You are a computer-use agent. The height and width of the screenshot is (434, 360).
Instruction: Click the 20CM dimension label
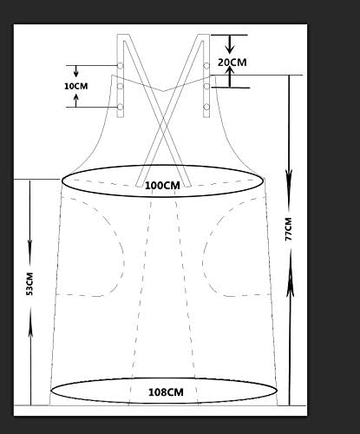coord(232,62)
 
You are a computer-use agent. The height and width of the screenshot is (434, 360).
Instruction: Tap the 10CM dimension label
coord(76,86)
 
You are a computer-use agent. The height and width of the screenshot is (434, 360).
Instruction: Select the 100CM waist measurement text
coord(162,186)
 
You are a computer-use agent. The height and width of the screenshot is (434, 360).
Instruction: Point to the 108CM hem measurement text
coord(166,392)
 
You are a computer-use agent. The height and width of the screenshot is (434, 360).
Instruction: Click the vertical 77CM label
coord(289,229)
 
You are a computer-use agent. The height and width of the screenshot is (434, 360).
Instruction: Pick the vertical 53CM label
coord(29,284)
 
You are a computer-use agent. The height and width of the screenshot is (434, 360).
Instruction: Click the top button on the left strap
coord(121,66)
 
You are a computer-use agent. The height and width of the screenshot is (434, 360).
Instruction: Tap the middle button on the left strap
coord(121,86)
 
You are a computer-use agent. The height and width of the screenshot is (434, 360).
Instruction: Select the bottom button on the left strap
coord(121,107)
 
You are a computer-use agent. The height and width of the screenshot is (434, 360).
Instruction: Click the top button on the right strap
coord(206,66)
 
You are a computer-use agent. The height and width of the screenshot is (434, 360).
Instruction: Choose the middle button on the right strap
coord(206,86)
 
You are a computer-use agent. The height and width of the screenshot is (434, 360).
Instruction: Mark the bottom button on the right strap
coord(206,107)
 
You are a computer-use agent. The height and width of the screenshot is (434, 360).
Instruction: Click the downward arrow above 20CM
coord(230,44)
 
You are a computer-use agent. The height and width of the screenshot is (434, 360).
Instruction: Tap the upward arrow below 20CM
coord(230,76)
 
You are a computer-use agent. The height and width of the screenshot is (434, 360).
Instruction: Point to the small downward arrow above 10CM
coord(75,71)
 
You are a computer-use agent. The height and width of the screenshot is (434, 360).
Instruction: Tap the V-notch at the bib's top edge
coord(164,91)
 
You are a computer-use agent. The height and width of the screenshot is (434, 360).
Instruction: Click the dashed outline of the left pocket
coord(124,254)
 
